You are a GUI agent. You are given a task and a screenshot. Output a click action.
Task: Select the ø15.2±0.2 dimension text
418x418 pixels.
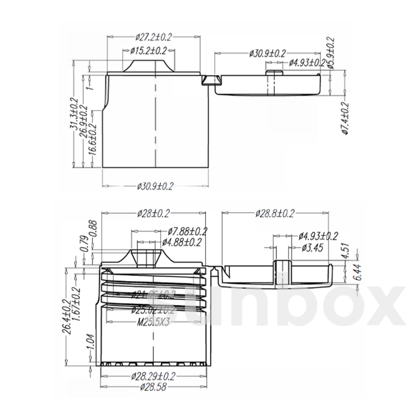pos(148,51)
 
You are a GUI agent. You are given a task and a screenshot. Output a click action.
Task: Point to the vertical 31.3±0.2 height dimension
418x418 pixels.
pos(73,113)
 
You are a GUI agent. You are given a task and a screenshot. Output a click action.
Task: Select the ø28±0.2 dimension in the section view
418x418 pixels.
pos(153,213)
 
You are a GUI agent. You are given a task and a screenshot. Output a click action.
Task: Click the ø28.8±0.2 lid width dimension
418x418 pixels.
pos(275,213)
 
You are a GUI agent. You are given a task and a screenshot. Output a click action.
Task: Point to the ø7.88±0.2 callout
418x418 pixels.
pos(187,231)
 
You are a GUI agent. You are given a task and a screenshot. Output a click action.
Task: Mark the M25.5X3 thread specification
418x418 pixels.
pos(153,322)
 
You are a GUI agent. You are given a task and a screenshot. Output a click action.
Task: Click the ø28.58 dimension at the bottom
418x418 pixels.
pos(153,387)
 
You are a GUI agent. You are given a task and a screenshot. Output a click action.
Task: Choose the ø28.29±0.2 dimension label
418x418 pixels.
pos(153,376)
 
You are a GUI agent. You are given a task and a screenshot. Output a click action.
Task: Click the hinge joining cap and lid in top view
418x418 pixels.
pos(210,80)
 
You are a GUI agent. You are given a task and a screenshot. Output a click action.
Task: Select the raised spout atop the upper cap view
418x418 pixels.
pos(149,66)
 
